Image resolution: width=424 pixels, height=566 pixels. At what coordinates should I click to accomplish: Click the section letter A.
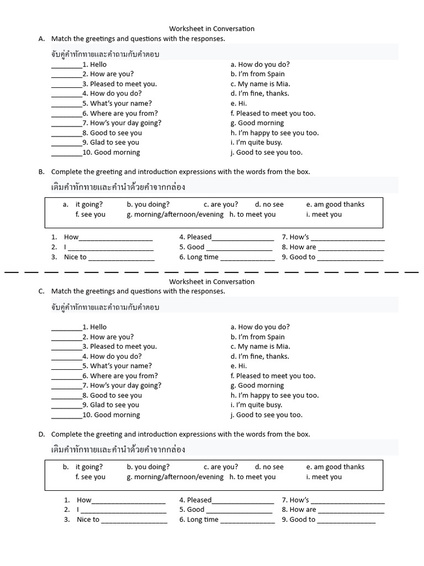[x=41, y=39]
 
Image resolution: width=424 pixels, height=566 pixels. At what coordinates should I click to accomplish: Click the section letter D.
[x=41, y=434]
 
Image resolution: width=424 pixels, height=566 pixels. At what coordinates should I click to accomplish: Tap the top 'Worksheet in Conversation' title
[x=211, y=29]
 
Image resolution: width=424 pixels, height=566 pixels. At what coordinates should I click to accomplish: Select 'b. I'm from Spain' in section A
[x=258, y=74]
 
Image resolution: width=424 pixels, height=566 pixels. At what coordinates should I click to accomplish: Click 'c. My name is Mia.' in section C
[x=260, y=347]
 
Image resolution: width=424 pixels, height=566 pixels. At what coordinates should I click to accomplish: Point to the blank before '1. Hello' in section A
[x=66, y=65]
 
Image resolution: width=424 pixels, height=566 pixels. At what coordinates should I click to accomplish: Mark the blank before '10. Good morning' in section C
[x=66, y=416]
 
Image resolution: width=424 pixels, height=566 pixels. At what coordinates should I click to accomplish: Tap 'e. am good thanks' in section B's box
[x=335, y=205]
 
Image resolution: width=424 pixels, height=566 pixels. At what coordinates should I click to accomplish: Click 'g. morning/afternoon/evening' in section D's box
[x=175, y=477]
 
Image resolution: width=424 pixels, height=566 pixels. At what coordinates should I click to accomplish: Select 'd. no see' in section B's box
[x=269, y=205]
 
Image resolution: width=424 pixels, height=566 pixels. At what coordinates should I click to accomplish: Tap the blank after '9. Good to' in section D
[x=346, y=521]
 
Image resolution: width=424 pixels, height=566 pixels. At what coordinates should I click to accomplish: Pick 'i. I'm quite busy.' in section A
[x=256, y=143]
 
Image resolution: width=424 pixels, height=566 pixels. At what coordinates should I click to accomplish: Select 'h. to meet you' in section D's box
[x=252, y=477]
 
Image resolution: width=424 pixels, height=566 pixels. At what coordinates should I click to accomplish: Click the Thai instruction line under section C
[x=105, y=307]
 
